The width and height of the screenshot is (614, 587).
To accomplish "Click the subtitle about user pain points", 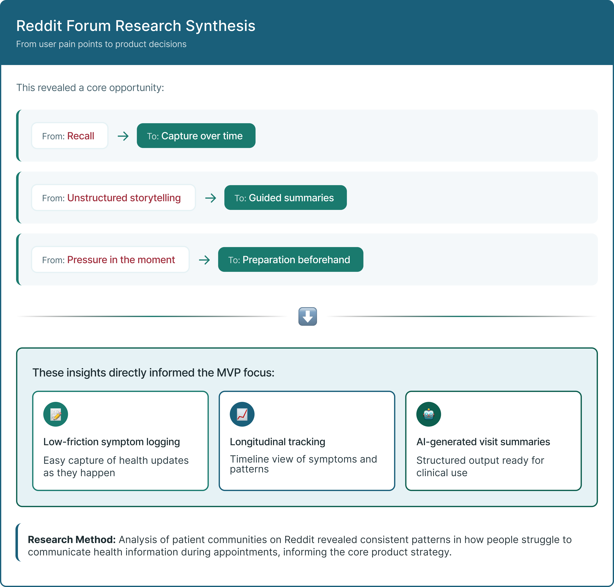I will [x=101, y=44].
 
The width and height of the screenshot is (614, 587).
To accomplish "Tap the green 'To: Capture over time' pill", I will [x=196, y=136].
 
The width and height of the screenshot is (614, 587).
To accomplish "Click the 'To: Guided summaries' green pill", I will [x=285, y=198].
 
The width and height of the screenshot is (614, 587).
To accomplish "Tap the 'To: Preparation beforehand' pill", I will [x=291, y=260].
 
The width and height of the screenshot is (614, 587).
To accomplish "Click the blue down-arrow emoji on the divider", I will [x=307, y=316].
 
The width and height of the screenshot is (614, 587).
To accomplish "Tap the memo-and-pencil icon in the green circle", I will [x=56, y=414].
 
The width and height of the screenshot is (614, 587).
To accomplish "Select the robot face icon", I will [x=428, y=414].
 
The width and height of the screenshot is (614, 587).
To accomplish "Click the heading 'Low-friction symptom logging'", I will [x=112, y=442].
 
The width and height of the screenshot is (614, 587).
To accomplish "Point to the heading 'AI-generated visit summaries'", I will [x=483, y=442].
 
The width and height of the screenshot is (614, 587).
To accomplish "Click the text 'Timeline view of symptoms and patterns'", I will [x=303, y=464].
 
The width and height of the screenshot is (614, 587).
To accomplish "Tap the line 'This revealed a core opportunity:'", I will [x=90, y=88].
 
